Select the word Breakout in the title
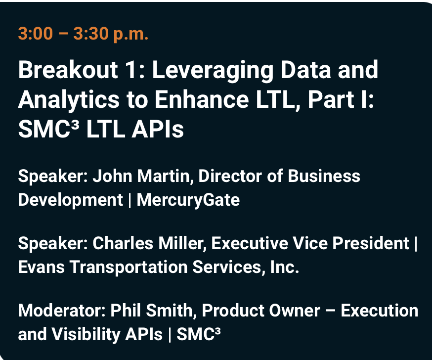pyautogui.click(x=62, y=70)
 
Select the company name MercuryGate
pyautogui.click(x=188, y=200)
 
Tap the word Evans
pyautogui.click(x=41, y=267)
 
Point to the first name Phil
pyautogui.click(x=123, y=311)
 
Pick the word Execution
pyautogui.click(x=380, y=311)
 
